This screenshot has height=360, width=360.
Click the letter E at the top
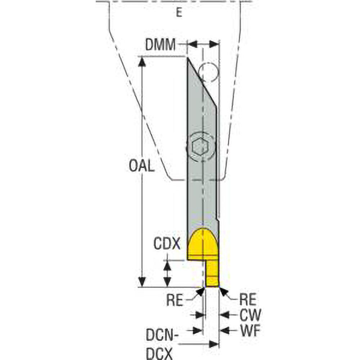click(179, 13)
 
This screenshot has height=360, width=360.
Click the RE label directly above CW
click(247, 300)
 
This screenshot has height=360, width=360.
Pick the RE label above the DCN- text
click(175, 300)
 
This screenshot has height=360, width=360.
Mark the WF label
click(249, 330)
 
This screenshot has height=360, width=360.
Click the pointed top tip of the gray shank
click(188, 59)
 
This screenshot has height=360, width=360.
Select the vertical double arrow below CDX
click(167, 273)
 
